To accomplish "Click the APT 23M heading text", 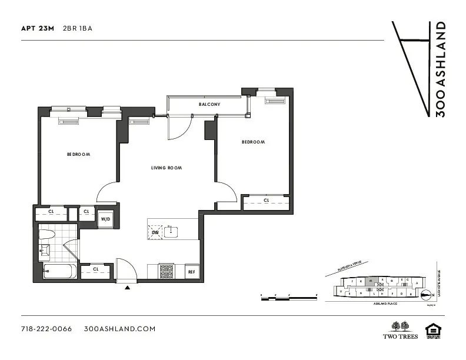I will [38, 28].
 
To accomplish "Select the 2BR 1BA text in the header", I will [78, 28].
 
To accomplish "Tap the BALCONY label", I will [209, 105].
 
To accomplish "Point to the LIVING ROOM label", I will [167, 168].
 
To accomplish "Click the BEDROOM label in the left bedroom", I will [78, 154].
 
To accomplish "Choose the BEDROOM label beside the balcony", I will [253, 142].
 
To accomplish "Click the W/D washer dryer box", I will [106, 219].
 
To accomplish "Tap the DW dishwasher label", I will [155, 232].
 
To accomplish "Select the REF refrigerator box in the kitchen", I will [191, 272].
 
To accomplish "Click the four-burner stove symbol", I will [167, 271].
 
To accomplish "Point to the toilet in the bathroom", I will [47, 235].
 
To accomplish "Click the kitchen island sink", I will [171, 231].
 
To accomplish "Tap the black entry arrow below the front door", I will [128, 288].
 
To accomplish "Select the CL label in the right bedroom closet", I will [266, 201].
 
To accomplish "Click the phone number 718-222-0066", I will [46, 329].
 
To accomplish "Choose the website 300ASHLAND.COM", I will [119, 329].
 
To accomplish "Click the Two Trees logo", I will [400, 330].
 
